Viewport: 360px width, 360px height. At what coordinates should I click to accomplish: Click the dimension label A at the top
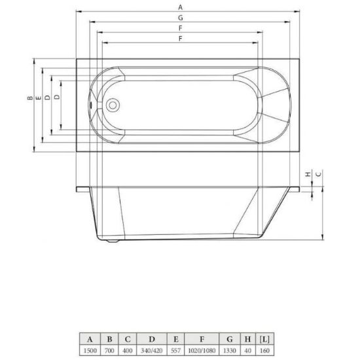[x=181, y=7]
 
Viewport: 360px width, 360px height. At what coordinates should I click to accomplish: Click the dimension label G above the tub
[x=181, y=18]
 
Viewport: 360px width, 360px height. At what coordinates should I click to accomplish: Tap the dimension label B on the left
[x=30, y=98]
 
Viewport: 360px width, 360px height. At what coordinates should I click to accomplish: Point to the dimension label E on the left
[x=39, y=98]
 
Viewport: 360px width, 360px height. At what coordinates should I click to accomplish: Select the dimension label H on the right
[x=308, y=174]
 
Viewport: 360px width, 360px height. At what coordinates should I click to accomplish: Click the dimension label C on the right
[x=319, y=174]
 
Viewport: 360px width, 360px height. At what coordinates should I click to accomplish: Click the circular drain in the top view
[x=113, y=105]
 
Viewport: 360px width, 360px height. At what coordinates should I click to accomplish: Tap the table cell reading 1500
[x=90, y=351]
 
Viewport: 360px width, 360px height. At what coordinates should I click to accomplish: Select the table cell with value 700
[x=109, y=351]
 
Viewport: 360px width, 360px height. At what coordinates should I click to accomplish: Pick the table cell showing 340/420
[x=152, y=351]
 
